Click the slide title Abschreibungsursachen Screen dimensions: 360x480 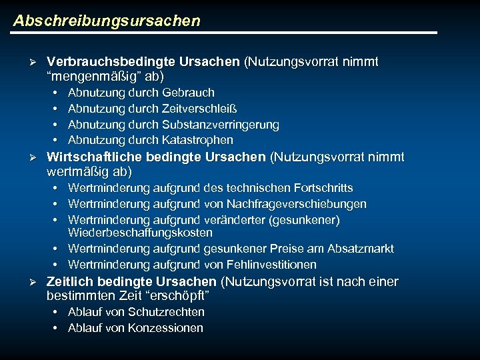pos(107,21)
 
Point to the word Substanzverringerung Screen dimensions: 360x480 pos(220,125)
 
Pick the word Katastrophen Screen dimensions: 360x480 pos(197,140)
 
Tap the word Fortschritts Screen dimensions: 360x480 pos(321,188)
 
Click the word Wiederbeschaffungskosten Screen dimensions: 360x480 pos(140,233)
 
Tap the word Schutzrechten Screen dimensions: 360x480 pos(167,312)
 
